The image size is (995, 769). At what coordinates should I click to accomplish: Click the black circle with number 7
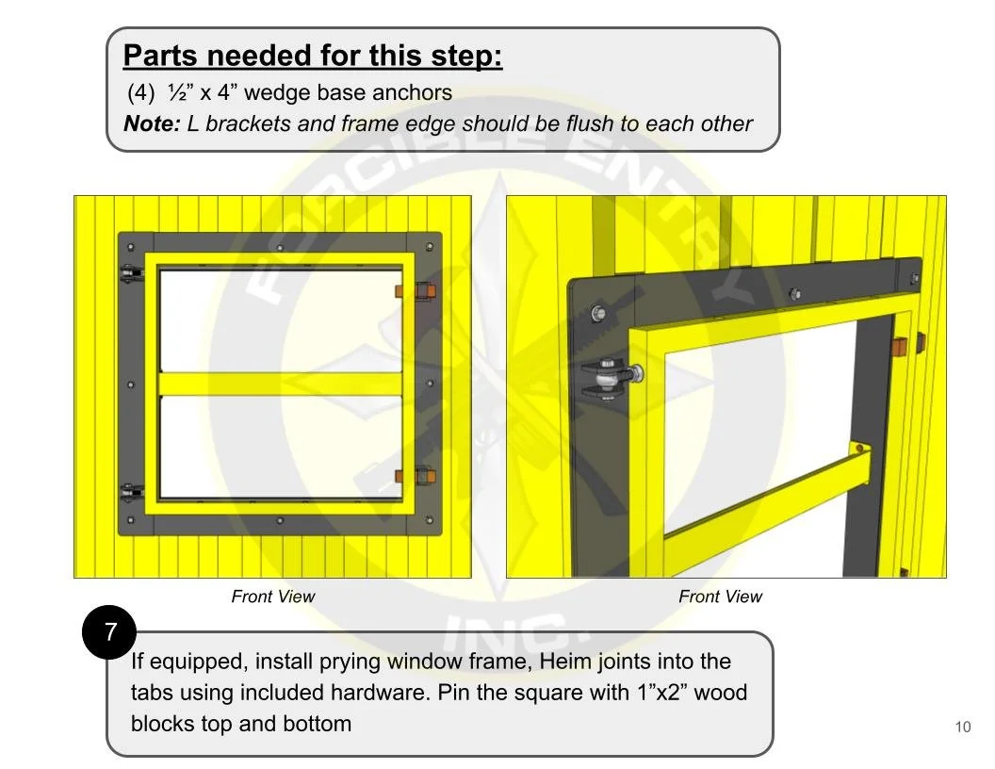pyautogui.click(x=109, y=632)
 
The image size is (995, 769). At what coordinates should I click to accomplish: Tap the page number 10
pyautogui.click(x=962, y=728)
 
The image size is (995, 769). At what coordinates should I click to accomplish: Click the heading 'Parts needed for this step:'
pyautogui.click(x=313, y=56)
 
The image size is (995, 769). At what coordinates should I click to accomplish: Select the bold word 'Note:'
pyautogui.click(x=153, y=123)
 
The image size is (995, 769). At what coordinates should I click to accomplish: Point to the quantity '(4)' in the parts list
pyautogui.click(x=141, y=92)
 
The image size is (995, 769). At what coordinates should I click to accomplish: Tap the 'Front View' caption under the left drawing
pyautogui.click(x=273, y=597)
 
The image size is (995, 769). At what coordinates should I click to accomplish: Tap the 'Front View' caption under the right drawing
pyautogui.click(x=720, y=597)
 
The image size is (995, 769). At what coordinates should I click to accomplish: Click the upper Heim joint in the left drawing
pyautogui.click(x=131, y=275)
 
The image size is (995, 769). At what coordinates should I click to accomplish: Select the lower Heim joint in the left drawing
pyautogui.click(x=131, y=492)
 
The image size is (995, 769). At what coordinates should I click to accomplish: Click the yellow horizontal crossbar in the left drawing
pyautogui.click(x=281, y=384)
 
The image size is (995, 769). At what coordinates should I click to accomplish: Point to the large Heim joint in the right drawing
pyautogui.click(x=611, y=380)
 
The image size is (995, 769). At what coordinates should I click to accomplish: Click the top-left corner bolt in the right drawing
pyautogui.click(x=597, y=313)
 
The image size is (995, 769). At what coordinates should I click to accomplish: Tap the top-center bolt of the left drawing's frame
pyautogui.click(x=280, y=248)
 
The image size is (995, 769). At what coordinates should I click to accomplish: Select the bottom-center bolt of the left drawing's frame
pyautogui.click(x=280, y=521)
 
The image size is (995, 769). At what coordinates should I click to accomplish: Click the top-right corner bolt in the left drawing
pyautogui.click(x=430, y=246)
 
